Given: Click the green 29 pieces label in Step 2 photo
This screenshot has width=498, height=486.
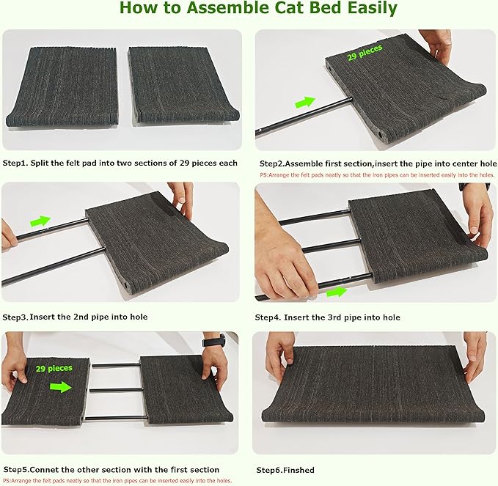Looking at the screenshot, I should [x=365, y=54].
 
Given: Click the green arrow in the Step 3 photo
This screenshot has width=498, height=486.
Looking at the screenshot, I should [x=40, y=220].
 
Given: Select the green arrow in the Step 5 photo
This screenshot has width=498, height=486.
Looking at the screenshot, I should [x=61, y=386].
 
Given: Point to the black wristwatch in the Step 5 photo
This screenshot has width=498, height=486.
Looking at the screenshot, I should [x=213, y=342].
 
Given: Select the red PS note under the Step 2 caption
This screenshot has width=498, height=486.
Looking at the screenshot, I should [x=377, y=175].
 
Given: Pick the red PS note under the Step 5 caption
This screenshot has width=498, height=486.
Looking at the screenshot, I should [x=117, y=480].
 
